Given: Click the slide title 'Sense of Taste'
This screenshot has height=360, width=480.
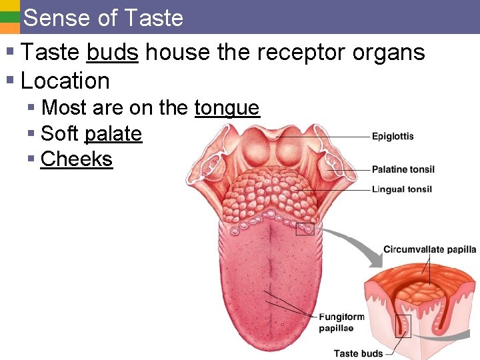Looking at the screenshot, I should tap(103, 17).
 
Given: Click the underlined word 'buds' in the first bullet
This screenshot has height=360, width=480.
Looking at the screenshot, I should tap(112, 52).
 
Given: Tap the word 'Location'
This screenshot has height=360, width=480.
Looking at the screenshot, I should tap(65, 81).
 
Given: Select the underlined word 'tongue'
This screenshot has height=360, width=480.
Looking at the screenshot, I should tap(227, 107).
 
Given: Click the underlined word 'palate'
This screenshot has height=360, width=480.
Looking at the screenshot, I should tap(113, 133).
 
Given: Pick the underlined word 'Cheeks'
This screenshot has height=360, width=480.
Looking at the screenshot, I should tap(77, 159).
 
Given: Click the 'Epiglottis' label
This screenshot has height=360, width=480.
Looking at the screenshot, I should tap(393, 137).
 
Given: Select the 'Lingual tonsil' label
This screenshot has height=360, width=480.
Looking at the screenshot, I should tap(401, 189).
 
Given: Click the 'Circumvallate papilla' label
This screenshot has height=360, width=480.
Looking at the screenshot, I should tap(429, 249).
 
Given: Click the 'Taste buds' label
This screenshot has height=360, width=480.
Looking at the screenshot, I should tap(358, 353).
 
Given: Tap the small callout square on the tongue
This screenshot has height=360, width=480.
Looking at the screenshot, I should tap(305, 229).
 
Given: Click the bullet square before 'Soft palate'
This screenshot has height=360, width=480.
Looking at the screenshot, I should tap(31, 134).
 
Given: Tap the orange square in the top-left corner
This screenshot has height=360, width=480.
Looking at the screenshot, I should tap(9, 29).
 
